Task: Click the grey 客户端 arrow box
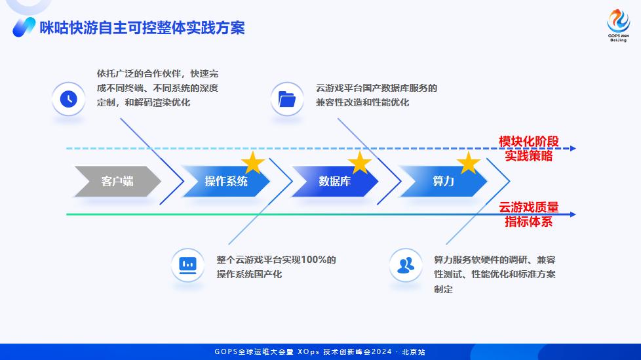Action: (x=117, y=181)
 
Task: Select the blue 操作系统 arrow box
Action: (x=225, y=181)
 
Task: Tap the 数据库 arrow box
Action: (x=334, y=181)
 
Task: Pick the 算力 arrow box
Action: (x=443, y=181)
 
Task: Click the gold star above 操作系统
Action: (x=253, y=163)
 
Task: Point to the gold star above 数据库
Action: (x=359, y=163)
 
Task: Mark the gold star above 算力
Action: (x=468, y=163)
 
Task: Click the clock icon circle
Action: (x=68, y=99)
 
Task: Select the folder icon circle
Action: (x=287, y=99)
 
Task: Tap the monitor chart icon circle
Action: (x=187, y=265)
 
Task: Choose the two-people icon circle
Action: (x=406, y=265)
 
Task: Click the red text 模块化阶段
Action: (x=528, y=142)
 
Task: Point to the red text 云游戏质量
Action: (x=528, y=208)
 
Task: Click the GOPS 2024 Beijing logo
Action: (x=617, y=26)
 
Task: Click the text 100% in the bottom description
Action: (x=320, y=260)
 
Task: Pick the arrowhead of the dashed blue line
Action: (x=573, y=149)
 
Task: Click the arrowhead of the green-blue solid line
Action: (x=573, y=214)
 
